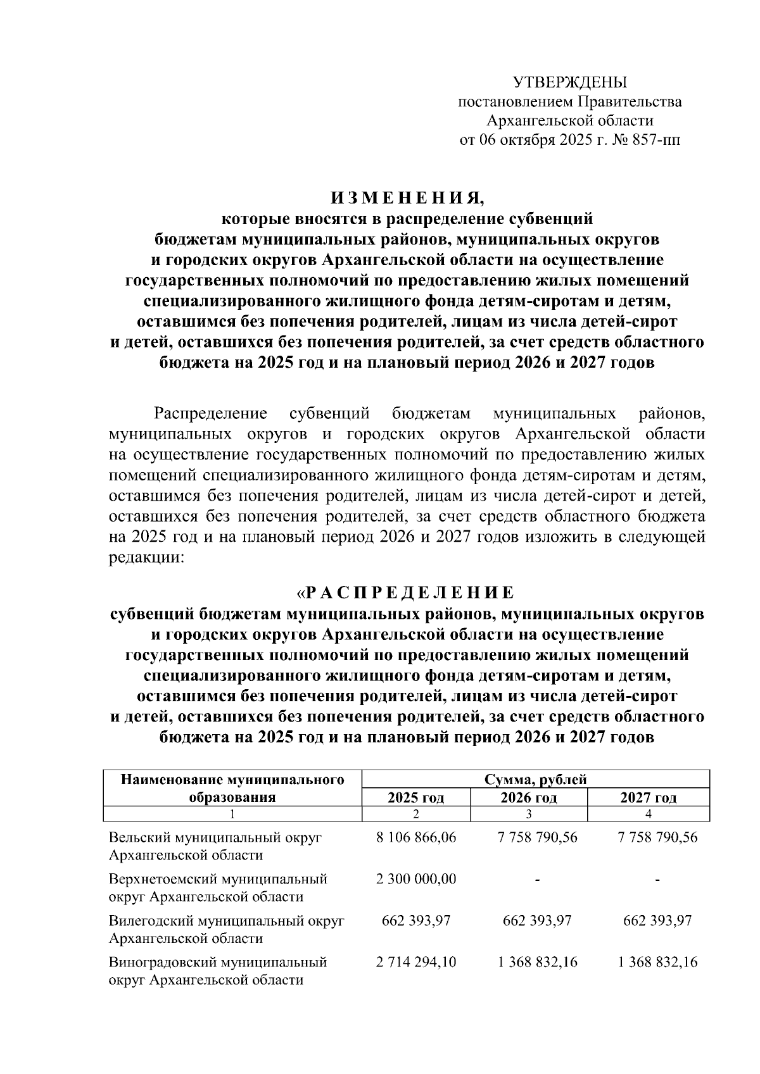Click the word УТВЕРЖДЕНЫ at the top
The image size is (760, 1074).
pyautogui.click(x=569, y=82)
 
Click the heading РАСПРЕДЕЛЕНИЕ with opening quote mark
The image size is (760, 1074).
pyautogui.click(x=405, y=593)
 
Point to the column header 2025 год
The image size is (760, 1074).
pyautogui.click(x=415, y=797)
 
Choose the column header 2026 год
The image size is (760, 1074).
pyautogui.click(x=529, y=797)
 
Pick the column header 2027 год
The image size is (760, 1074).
pyautogui.click(x=649, y=797)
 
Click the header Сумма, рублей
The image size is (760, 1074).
pyautogui.click(x=535, y=779)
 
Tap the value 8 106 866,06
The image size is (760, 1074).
pyautogui.click(x=415, y=837)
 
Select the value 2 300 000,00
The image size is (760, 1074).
pyautogui.click(x=415, y=879)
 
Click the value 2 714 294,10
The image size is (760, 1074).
pyautogui.click(x=415, y=962)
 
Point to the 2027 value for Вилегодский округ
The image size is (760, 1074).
pyautogui.click(x=657, y=920)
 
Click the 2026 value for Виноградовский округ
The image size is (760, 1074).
pyautogui.click(x=537, y=962)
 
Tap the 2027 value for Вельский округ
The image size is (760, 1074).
pyautogui.click(x=657, y=837)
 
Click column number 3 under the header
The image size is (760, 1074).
pyautogui.click(x=529, y=813)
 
